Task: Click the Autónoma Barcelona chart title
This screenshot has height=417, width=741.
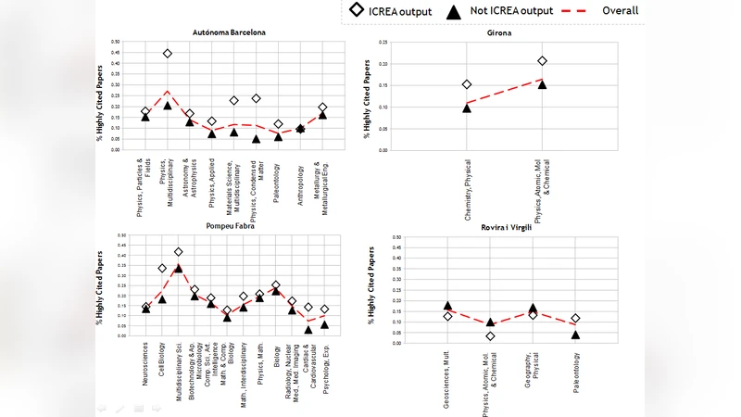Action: (229, 32)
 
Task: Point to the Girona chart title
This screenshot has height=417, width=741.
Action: (500, 33)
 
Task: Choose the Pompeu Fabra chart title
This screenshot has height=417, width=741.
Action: (230, 225)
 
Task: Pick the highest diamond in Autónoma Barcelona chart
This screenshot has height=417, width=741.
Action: (168, 54)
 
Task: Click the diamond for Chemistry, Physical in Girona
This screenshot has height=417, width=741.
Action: (467, 84)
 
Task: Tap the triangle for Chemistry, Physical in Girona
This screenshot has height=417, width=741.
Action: (467, 107)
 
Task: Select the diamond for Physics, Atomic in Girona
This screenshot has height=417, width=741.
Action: (542, 61)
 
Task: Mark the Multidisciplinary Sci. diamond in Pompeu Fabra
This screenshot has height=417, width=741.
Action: (178, 251)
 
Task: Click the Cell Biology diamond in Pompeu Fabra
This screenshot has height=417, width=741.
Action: (162, 268)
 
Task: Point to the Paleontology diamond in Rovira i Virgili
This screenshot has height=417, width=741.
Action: (575, 319)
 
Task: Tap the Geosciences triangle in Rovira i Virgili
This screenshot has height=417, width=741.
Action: (448, 305)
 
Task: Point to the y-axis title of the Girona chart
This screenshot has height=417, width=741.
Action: (372, 96)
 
